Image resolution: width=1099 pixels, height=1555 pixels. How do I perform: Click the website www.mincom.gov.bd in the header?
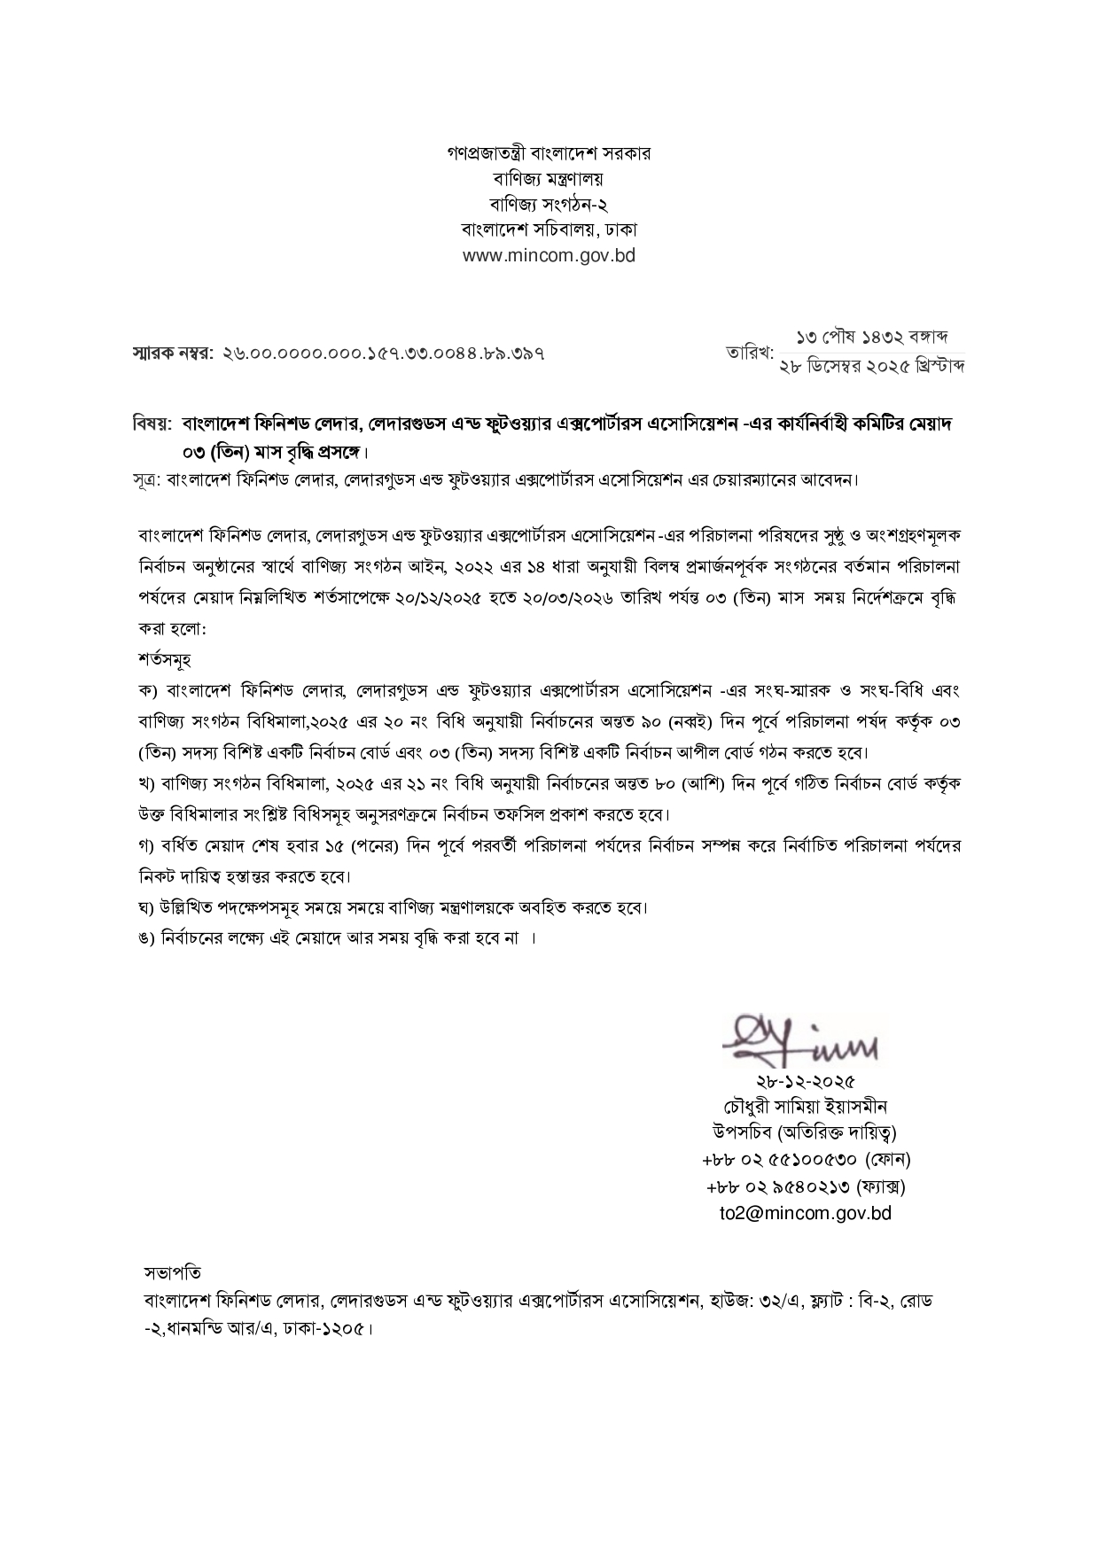click(x=549, y=256)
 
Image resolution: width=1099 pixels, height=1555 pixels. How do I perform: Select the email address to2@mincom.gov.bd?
click(x=805, y=1213)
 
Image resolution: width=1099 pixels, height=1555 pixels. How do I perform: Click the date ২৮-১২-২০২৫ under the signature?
click(x=805, y=1082)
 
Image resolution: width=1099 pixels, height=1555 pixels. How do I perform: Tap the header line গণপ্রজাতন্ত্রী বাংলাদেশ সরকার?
click(x=549, y=153)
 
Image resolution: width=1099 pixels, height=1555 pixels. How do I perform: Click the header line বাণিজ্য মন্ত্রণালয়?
click(x=549, y=178)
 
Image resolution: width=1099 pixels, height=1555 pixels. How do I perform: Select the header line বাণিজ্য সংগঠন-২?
click(x=549, y=204)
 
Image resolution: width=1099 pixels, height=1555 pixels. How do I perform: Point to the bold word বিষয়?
click(x=152, y=424)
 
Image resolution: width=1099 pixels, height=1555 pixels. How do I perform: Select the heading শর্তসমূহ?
click(x=165, y=660)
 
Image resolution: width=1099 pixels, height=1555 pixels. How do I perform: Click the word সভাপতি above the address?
click(x=172, y=1273)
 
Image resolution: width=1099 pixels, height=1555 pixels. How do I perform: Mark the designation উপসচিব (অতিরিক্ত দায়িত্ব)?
click(x=805, y=1132)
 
